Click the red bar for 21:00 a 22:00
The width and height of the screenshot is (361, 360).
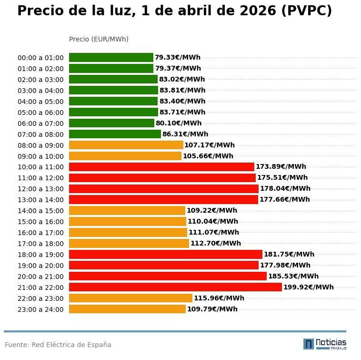(175, 287)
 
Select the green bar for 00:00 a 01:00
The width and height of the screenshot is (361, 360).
(111, 57)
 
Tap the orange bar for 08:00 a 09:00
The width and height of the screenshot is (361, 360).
(126, 145)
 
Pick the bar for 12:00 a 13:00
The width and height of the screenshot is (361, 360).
(164, 189)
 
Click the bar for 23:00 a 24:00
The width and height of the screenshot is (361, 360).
(127, 309)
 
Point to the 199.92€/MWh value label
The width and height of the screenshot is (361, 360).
(309, 287)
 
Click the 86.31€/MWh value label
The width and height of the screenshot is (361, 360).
(185, 134)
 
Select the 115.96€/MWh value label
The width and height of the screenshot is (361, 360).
(219, 298)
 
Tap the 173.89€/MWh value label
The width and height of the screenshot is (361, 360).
(281, 167)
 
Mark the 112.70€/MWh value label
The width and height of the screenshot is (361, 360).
(216, 243)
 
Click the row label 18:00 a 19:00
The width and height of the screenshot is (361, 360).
(40, 255)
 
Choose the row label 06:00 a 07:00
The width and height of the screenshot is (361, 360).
(40, 123)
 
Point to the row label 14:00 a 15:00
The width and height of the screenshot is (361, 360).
(40, 211)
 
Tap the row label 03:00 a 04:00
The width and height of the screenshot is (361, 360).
(40, 91)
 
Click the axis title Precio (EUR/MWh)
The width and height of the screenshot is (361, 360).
(99, 39)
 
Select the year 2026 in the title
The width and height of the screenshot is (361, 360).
(258, 11)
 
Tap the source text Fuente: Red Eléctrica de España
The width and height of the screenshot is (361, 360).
(58, 345)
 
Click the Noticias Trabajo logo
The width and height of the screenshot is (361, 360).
(325, 344)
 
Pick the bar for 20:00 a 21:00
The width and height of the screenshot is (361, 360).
(168, 276)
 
